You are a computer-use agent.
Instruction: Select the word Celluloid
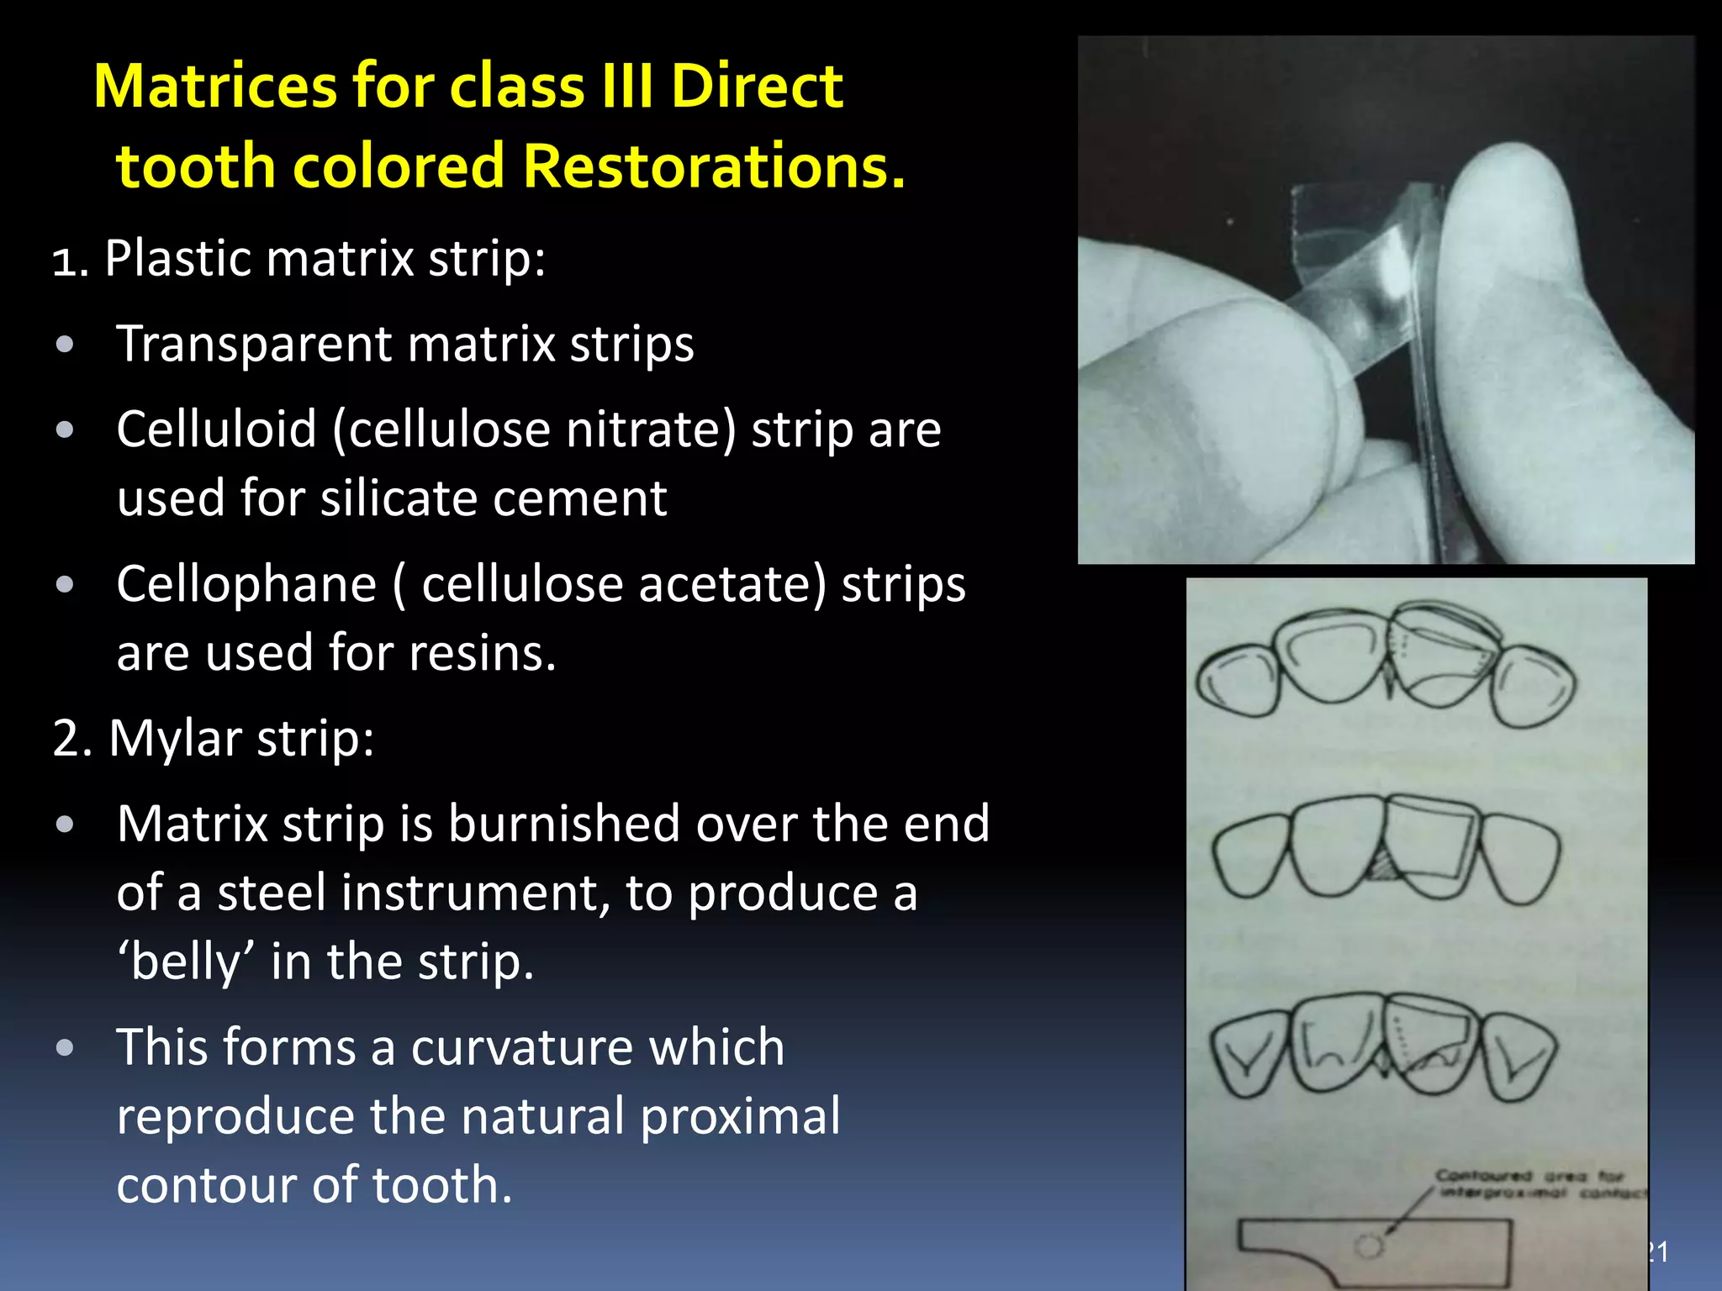[216, 429]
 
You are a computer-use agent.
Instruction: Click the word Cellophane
[246, 584]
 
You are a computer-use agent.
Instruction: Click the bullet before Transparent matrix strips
[65, 345]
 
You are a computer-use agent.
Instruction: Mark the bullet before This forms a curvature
[65, 1048]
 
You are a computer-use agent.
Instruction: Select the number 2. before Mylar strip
[71, 739]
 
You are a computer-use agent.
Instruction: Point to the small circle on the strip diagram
[1369, 1245]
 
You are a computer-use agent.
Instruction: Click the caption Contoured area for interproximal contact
[1534, 1183]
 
